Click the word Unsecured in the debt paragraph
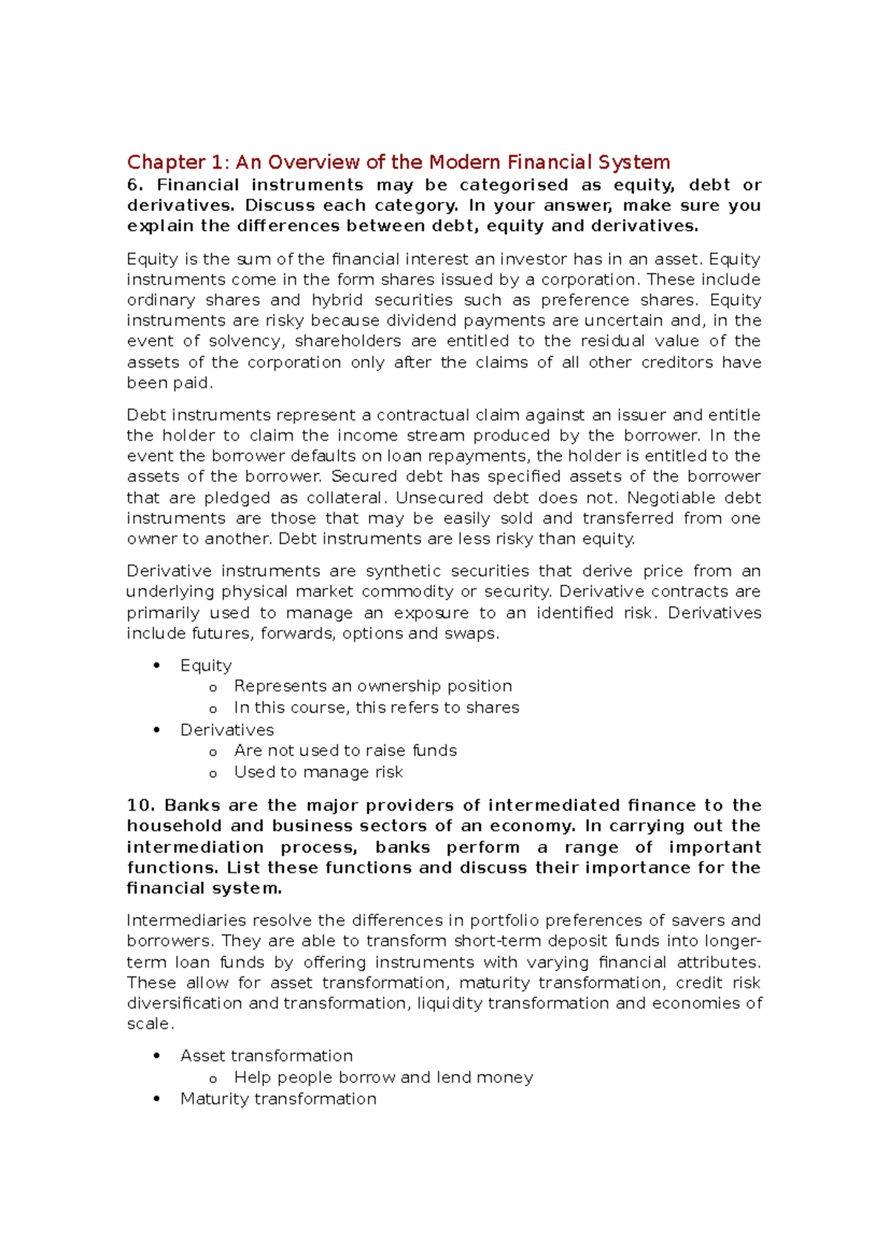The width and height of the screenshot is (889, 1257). pyautogui.click(x=439, y=497)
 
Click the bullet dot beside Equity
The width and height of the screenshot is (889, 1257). pyautogui.click(x=156, y=666)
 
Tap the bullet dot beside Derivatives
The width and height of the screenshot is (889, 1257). pyautogui.click(x=156, y=730)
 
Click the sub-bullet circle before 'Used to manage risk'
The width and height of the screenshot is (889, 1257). pyautogui.click(x=213, y=774)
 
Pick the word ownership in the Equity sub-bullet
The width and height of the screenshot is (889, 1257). pyautogui.click(x=399, y=686)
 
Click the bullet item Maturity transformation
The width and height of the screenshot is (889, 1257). pyautogui.click(x=278, y=1099)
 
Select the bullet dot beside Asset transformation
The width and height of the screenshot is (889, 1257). pyautogui.click(x=156, y=1056)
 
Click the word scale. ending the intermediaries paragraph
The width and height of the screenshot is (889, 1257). pyautogui.click(x=150, y=1024)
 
